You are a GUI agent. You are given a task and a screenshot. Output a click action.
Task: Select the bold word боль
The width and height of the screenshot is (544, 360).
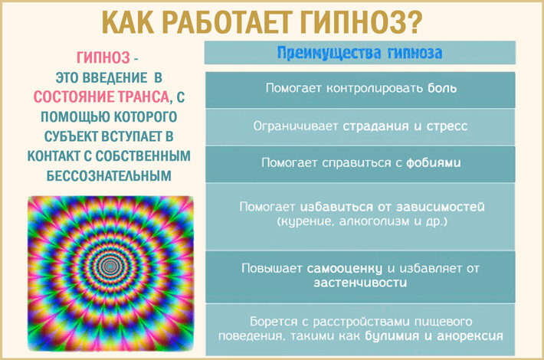[x=443, y=88]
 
